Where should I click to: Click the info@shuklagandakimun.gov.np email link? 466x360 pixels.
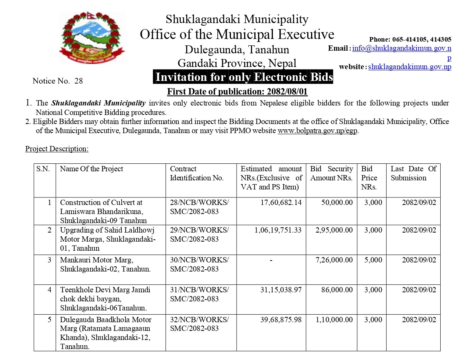(x=402, y=48)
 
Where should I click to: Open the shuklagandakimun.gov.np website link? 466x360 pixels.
(x=410, y=67)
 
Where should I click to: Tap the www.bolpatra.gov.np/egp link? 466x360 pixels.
(x=318, y=131)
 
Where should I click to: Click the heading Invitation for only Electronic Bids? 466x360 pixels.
(x=244, y=77)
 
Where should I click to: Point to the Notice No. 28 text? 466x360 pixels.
(x=57, y=81)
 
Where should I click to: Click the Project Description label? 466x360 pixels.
(x=57, y=149)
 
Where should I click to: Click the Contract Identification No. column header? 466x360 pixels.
(x=197, y=173)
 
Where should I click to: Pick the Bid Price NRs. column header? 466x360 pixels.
(x=369, y=178)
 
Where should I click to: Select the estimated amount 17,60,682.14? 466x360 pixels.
(x=281, y=202)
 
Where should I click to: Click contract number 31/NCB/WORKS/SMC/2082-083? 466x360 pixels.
(x=199, y=294)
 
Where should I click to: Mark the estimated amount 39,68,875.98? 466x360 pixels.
(x=281, y=320)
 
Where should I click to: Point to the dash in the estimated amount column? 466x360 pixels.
(x=271, y=260)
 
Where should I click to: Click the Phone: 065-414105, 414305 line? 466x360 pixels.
(x=410, y=39)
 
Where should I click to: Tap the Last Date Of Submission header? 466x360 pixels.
(x=413, y=173)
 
